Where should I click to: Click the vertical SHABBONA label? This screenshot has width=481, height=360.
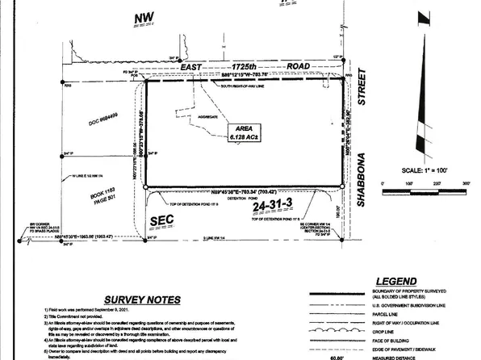pyautogui.click(x=362, y=182)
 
